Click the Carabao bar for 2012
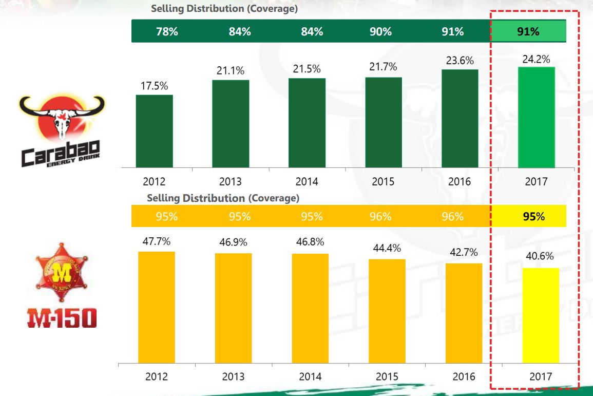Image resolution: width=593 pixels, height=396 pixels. [x=155, y=131]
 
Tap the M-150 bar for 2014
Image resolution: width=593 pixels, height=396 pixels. [x=310, y=308]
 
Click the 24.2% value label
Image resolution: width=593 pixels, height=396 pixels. [x=536, y=59]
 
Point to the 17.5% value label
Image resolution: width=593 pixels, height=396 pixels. [x=155, y=86]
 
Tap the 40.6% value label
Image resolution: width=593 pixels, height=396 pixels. [x=540, y=257]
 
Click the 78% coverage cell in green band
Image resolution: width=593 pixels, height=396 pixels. [x=167, y=32]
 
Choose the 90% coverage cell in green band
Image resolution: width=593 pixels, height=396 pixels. [x=380, y=32]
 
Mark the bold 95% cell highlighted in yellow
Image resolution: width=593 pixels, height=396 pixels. [x=534, y=216]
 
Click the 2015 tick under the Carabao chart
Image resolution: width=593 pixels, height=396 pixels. [x=383, y=181]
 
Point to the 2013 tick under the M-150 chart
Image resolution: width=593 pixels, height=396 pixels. [x=233, y=376]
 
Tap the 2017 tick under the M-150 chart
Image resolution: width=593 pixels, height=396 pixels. [x=541, y=376]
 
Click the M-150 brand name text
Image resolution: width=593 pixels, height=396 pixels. [x=62, y=318]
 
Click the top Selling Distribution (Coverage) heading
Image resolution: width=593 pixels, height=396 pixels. [x=224, y=9]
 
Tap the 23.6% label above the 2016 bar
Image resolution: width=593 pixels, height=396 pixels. [x=460, y=61]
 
